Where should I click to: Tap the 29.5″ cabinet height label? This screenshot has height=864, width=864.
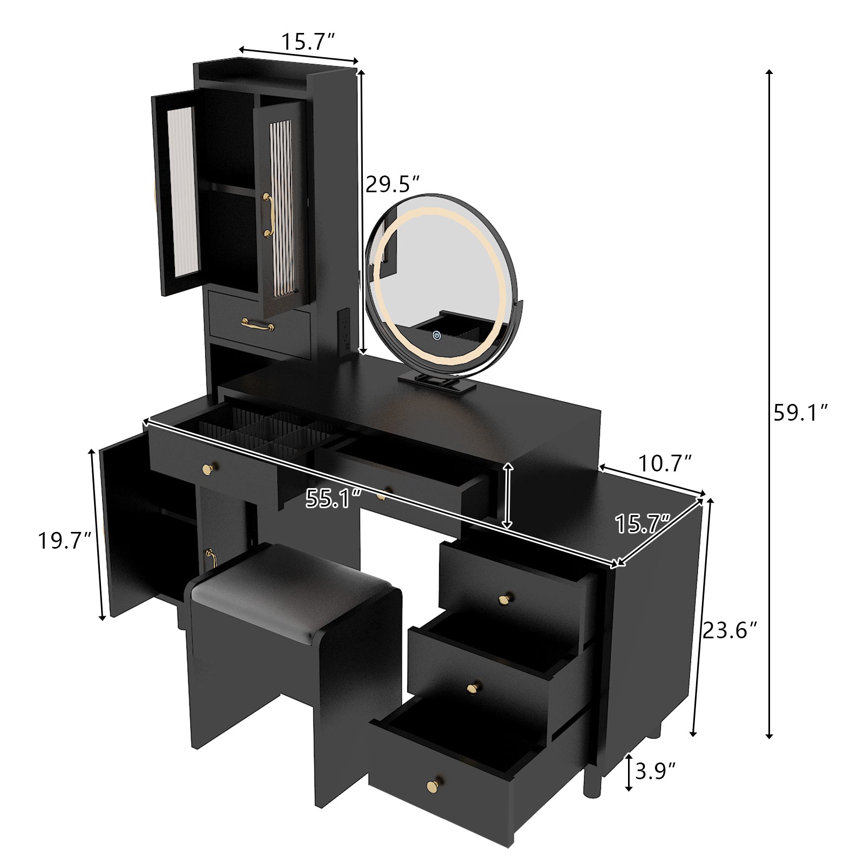point(393,184)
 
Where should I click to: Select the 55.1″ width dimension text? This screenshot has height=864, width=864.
point(333,498)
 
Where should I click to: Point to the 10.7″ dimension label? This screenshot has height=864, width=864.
point(665,463)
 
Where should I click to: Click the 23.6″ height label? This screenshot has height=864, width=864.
point(730,630)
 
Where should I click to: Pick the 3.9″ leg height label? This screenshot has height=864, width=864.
point(655,771)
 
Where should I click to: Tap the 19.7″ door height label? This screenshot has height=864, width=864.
point(64,540)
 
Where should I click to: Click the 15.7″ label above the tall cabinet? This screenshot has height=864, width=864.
point(308,41)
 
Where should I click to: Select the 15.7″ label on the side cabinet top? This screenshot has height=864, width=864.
point(642,524)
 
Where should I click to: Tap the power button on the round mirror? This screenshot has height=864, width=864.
point(436,335)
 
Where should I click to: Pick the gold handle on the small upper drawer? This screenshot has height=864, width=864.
point(258,325)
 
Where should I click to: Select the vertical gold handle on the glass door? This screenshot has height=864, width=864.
point(267,214)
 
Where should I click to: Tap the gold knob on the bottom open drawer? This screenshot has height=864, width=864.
point(432,784)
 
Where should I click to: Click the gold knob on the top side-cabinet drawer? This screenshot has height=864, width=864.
point(505,599)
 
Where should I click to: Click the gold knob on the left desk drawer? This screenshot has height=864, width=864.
point(207,469)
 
